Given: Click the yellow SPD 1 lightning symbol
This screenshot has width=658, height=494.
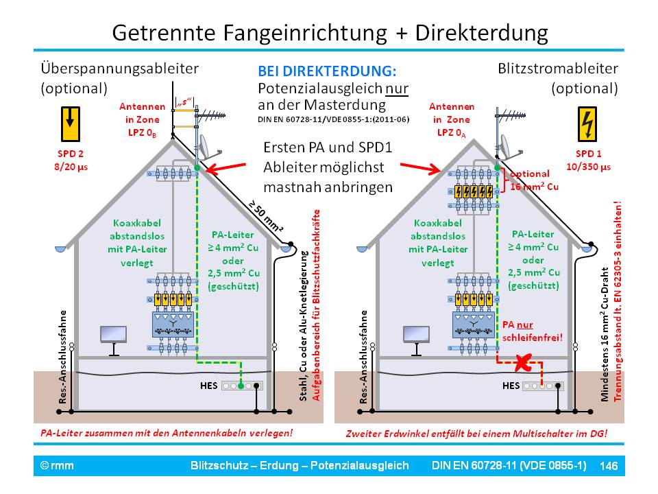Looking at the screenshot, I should [x=587, y=123].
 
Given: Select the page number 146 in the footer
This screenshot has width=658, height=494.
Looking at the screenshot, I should [x=609, y=466].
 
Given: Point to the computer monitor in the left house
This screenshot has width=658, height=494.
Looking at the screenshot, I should [x=113, y=336].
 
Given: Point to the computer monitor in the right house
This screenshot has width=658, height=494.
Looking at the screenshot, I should [x=415, y=336].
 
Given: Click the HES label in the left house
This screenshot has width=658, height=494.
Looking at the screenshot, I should [x=208, y=386].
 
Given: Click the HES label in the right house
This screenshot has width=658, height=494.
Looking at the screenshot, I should [x=511, y=386].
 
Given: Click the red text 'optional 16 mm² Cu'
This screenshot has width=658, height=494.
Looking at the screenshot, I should [x=534, y=182].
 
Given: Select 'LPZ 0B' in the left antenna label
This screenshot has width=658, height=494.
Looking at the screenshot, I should [x=142, y=131].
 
